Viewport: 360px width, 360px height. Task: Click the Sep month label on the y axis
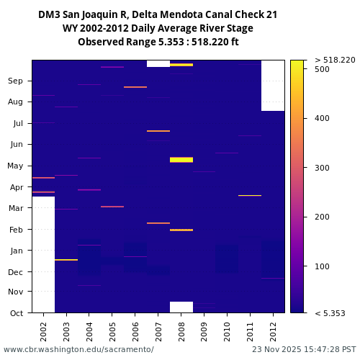tap(16, 81)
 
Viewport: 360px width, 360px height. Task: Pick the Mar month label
tap(16, 208)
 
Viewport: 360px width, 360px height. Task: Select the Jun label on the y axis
tap(16, 144)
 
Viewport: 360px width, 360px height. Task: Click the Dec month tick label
tap(16, 271)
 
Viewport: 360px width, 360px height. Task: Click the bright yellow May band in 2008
tap(181, 160)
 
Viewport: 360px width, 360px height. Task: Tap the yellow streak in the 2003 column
tap(66, 260)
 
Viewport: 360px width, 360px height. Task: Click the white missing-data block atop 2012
tap(273, 85)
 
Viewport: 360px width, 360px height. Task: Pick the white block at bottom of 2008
tap(181, 307)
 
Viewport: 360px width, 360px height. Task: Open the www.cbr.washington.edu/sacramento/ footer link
tap(78, 349)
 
